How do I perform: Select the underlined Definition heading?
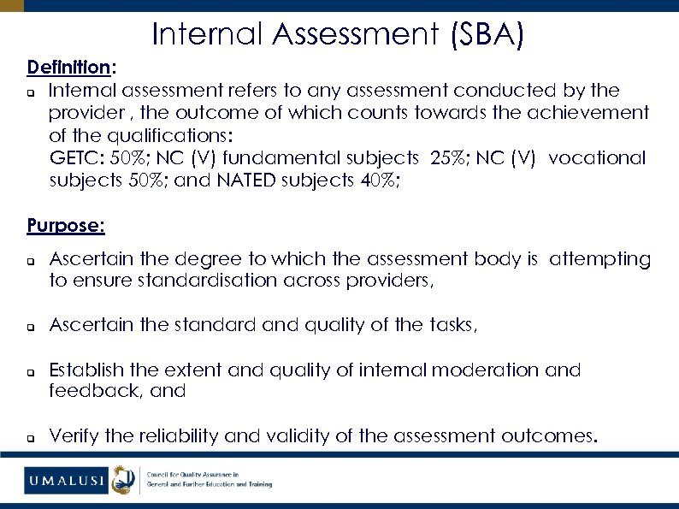pyautogui.click(x=68, y=67)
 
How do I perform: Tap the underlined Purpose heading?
pyautogui.click(x=65, y=226)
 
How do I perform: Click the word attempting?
pyautogui.click(x=599, y=258)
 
